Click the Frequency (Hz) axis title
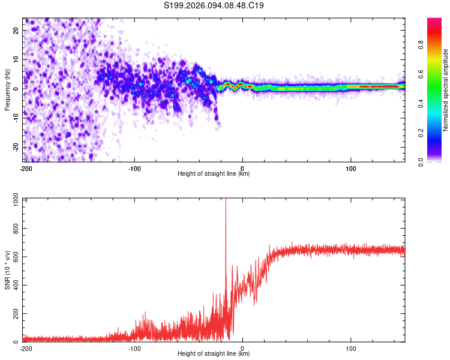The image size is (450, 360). tap(7, 90)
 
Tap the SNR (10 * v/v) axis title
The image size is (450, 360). tap(7, 270)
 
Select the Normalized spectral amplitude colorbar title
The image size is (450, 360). tap(445, 90)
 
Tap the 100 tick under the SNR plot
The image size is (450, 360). tap(351, 349)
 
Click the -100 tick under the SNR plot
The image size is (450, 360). tap(134, 349)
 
